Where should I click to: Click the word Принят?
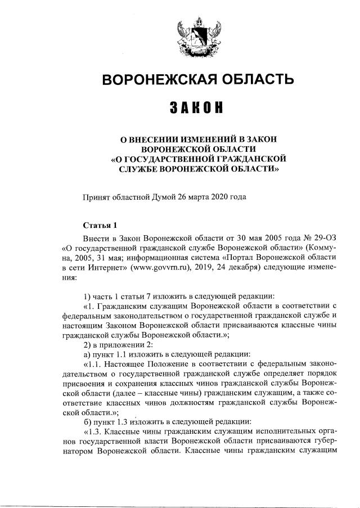pyautogui.click(x=97, y=196)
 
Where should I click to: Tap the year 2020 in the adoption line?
pyautogui.click(x=217, y=196)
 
